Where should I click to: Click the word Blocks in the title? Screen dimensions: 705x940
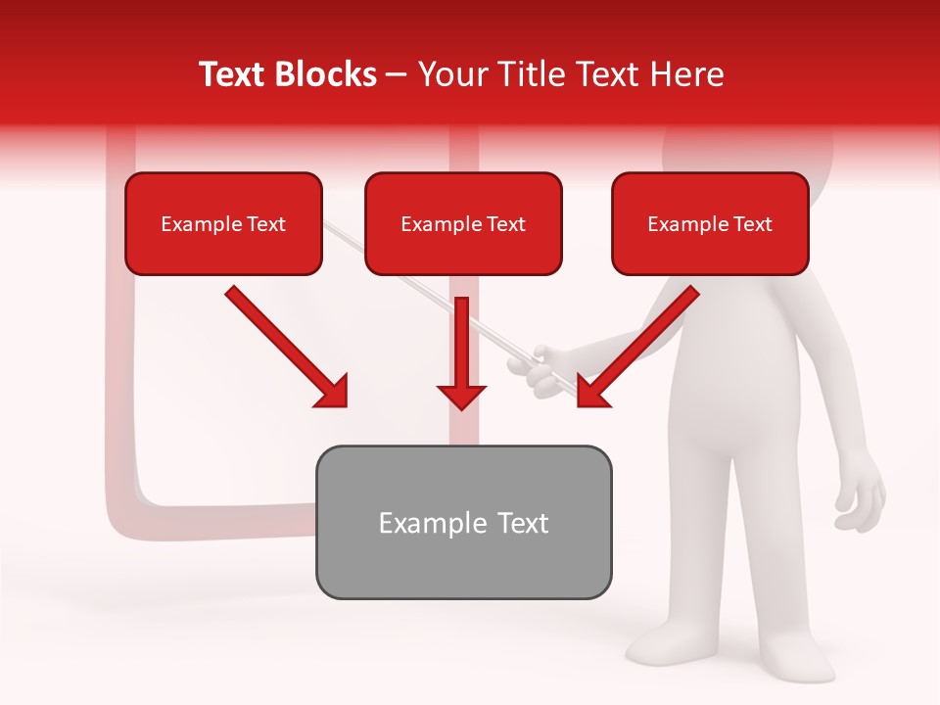[x=324, y=74]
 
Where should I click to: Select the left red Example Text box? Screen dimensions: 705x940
[x=223, y=223]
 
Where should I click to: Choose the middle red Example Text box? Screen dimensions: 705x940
[x=463, y=223]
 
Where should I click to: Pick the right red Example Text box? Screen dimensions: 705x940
[x=710, y=223]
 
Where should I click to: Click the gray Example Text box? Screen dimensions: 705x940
[x=463, y=522]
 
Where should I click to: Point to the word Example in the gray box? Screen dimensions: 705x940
[x=419, y=523]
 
